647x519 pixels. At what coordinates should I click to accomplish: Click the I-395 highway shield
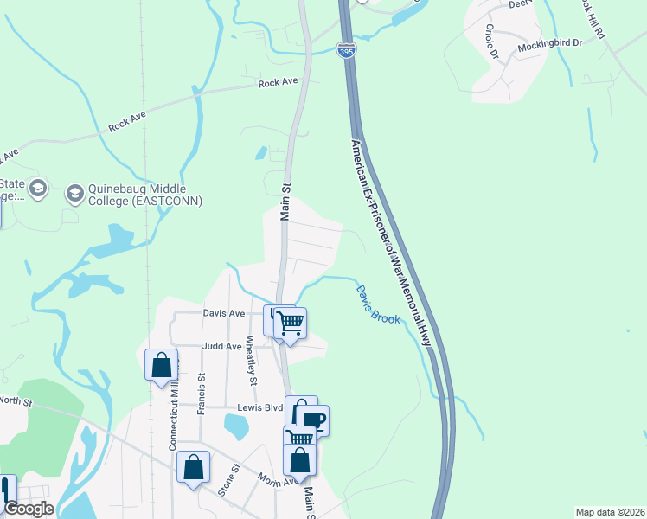click(345, 52)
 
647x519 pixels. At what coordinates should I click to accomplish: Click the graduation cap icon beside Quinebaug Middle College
click(74, 191)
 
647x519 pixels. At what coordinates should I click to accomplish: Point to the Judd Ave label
click(221, 346)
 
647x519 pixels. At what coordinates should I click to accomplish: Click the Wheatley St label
click(252, 361)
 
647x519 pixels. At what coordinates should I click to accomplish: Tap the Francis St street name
click(201, 394)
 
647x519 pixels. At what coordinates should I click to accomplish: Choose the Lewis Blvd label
click(260, 407)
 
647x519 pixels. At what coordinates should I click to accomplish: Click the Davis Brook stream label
click(378, 304)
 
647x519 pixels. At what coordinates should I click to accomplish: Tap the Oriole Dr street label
click(491, 41)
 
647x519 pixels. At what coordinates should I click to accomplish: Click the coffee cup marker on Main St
click(313, 420)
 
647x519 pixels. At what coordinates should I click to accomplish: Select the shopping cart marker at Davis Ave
click(291, 324)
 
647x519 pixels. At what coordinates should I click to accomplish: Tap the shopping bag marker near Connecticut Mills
click(162, 364)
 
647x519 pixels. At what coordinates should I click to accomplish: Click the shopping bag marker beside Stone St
click(194, 468)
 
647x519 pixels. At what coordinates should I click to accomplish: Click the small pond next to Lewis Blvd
click(235, 426)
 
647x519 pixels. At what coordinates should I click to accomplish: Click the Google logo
click(28, 509)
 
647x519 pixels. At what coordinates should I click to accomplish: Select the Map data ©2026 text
click(610, 512)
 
